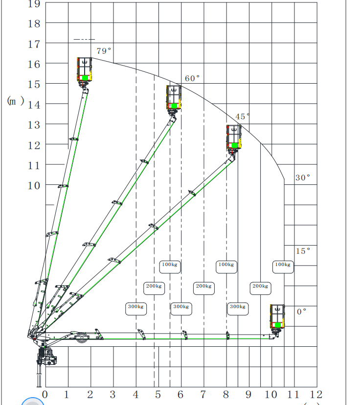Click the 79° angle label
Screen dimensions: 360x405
(104, 51)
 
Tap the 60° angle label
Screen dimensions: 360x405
(192, 78)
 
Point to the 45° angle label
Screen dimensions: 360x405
(243, 116)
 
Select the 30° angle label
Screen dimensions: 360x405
(303, 178)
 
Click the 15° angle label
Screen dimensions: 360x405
(303, 251)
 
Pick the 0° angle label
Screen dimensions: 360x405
(301, 312)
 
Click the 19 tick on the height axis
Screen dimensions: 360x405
(34, 3)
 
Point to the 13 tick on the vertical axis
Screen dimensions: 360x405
(34, 125)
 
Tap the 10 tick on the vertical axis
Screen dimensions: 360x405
(34, 185)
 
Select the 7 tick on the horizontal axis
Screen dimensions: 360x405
(203, 394)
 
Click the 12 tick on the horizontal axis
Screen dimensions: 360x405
(316, 394)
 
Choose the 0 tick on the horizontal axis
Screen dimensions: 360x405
(45, 394)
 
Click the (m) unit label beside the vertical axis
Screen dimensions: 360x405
(16, 101)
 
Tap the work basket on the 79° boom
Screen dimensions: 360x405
(84, 70)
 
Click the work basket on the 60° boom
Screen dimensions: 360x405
(174, 98)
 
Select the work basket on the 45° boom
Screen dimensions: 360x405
(234, 137)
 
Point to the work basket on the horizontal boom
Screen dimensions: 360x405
(277, 317)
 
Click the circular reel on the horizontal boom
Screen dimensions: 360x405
(82, 337)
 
